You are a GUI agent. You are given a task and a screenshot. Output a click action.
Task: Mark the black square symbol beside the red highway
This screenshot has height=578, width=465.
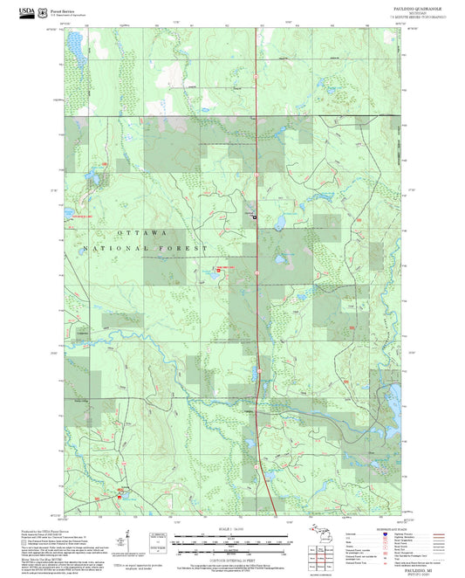tap(255, 216)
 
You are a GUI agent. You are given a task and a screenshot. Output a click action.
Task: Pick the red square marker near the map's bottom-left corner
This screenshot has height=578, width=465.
tap(120, 495)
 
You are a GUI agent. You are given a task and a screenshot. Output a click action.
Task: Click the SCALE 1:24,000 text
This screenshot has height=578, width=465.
tap(232, 529)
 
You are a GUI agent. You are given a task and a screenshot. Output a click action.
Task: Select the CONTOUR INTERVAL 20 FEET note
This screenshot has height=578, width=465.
tap(232, 552)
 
